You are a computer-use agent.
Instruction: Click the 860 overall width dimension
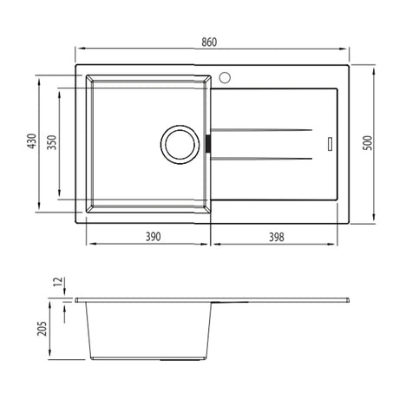pos(209,43)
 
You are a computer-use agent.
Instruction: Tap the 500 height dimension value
pos(368,142)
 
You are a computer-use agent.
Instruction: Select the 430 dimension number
pos(32,141)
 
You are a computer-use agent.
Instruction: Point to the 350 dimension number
pos(52,142)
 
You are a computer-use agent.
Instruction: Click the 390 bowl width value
pos(153,237)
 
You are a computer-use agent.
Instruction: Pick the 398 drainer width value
pos(277,237)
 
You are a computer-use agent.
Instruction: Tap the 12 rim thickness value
pos(58,282)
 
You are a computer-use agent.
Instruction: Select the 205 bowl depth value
pos(42,329)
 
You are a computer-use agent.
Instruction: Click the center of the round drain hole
pos(180,145)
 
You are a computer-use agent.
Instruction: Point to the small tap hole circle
pos(225,77)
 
